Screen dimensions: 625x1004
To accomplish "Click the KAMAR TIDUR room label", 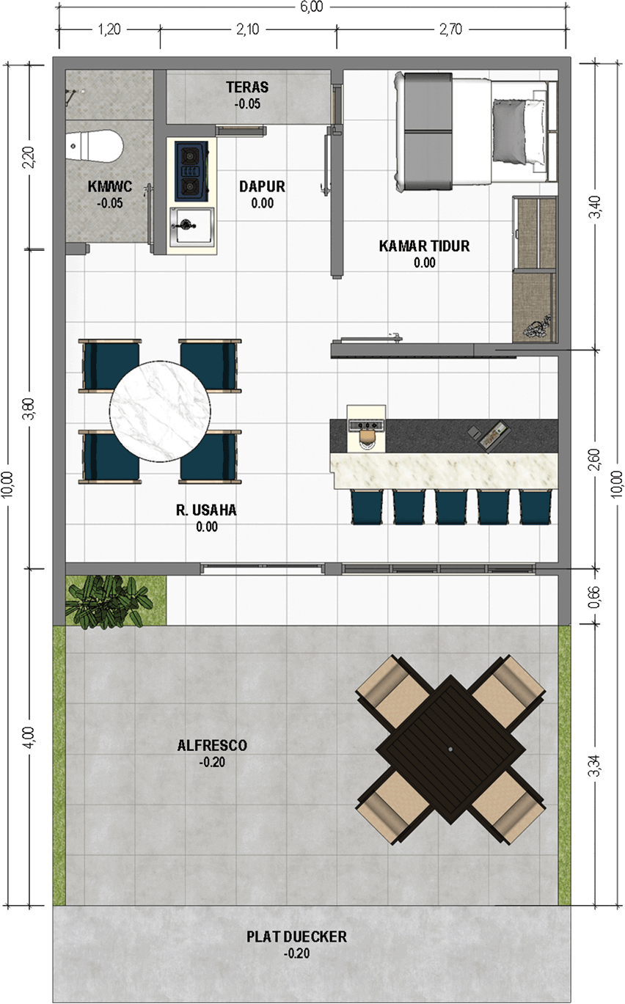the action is [424, 246].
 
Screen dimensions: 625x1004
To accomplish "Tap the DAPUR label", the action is [262, 186].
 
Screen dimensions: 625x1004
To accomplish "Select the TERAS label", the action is [247, 87].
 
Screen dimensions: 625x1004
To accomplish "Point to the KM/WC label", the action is [110, 186].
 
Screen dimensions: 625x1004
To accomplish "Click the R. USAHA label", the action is [206, 510].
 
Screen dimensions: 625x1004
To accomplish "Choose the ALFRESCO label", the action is [212, 745].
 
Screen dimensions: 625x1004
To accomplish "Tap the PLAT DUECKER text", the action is [297, 937].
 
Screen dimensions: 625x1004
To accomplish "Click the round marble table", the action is [160, 411].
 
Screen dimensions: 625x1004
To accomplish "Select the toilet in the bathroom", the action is [94, 146].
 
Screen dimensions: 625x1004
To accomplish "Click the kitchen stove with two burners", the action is [192, 171].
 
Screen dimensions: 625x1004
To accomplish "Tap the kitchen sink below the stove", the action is [192, 227].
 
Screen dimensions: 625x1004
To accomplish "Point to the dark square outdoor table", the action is [450, 749].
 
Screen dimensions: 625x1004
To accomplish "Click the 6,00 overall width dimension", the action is [312, 7].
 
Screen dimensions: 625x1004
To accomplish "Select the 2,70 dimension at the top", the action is [450, 29].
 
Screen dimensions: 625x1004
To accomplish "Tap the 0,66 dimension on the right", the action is [595, 597].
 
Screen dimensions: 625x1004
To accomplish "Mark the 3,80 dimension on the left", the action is [29, 408].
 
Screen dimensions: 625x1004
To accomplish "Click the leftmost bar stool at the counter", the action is [367, 507].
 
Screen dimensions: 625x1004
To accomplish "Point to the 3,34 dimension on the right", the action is [595, 765].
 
